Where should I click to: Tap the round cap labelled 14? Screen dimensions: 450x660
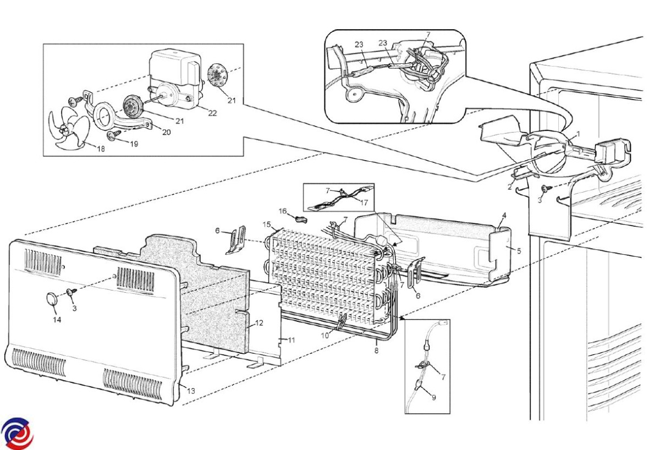coord(53,300)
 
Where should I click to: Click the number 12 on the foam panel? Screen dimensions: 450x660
coord(259,323)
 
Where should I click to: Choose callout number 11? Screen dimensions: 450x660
coord(291,340)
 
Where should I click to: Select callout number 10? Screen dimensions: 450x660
coord(326,335)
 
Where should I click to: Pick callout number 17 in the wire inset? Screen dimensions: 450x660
coord(364,201)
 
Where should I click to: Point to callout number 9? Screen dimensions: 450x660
coord(434,397)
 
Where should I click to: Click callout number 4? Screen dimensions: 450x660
coord(504,214)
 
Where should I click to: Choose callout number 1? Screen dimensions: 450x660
coord(578,134)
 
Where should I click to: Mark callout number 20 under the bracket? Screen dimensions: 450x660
coord(166,132)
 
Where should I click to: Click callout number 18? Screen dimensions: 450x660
coord(101,148)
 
